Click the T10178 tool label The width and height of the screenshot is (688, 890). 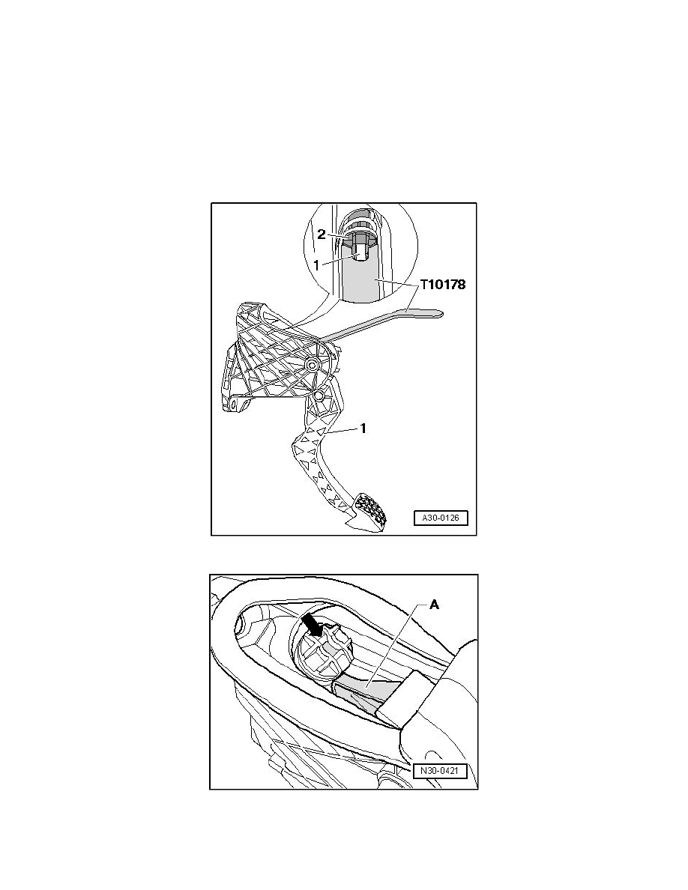point(443,285)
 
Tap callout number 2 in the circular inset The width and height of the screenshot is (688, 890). point(322,234)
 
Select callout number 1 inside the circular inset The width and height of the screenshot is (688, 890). point(317,264)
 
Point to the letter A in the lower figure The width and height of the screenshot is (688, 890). point(434,605)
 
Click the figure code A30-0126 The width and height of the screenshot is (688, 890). point(441,518)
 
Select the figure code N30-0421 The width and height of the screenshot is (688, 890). point(440,772)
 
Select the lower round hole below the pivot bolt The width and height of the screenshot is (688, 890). point(318,393)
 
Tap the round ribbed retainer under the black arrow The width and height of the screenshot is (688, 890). point(324,653)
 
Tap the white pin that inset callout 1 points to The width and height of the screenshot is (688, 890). point(359,252)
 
